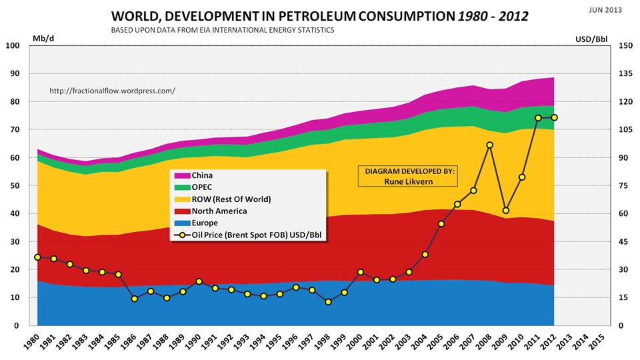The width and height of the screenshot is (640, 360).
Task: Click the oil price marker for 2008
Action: pyautogui.click(x=489, y=145)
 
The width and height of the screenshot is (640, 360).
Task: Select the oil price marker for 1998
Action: pyautogui.click(x=328, y=302)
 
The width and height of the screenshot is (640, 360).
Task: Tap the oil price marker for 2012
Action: pyautogui.click(x=554, y=117)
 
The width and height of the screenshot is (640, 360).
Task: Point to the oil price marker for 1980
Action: pyautogui.click(x=37, y=257)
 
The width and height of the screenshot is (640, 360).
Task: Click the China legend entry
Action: pyautogui.click(x=204, y=175)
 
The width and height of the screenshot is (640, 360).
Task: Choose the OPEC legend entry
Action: pyautogui.click(x=204, y=187)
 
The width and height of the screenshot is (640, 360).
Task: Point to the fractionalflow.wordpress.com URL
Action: pyautogui.click(x=113, y=90)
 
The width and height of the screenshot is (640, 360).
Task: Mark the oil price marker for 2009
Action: pyautogui.click(x=506, y=211)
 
